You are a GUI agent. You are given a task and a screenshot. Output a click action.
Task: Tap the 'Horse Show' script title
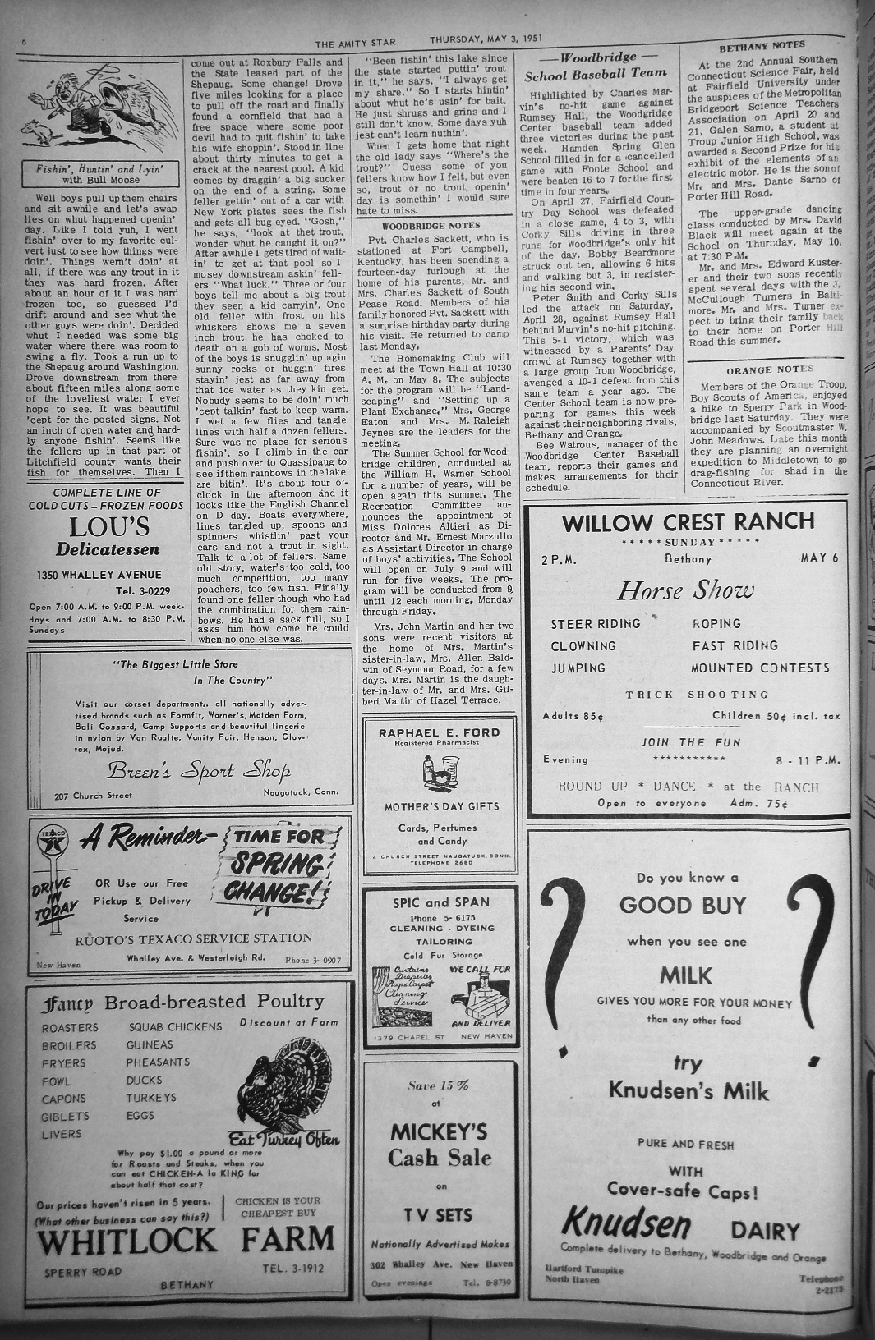click(685, 590)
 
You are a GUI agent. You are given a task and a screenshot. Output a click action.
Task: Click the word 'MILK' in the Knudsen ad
click(686, 975)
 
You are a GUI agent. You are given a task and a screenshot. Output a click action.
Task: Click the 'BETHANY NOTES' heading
click(762, 46)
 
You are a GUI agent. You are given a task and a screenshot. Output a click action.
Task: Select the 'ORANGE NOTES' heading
click(769, 369)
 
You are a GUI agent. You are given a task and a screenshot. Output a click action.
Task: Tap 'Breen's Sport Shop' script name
click(198, 771)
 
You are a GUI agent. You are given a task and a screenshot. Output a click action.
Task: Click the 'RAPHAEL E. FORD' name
click(440, 732)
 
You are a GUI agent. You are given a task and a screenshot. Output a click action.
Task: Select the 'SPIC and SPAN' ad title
click(440, 902)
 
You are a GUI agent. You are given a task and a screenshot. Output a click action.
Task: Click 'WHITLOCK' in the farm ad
click(127, 1241)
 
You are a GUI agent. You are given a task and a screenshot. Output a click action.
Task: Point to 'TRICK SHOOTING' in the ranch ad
click(697, 695)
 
